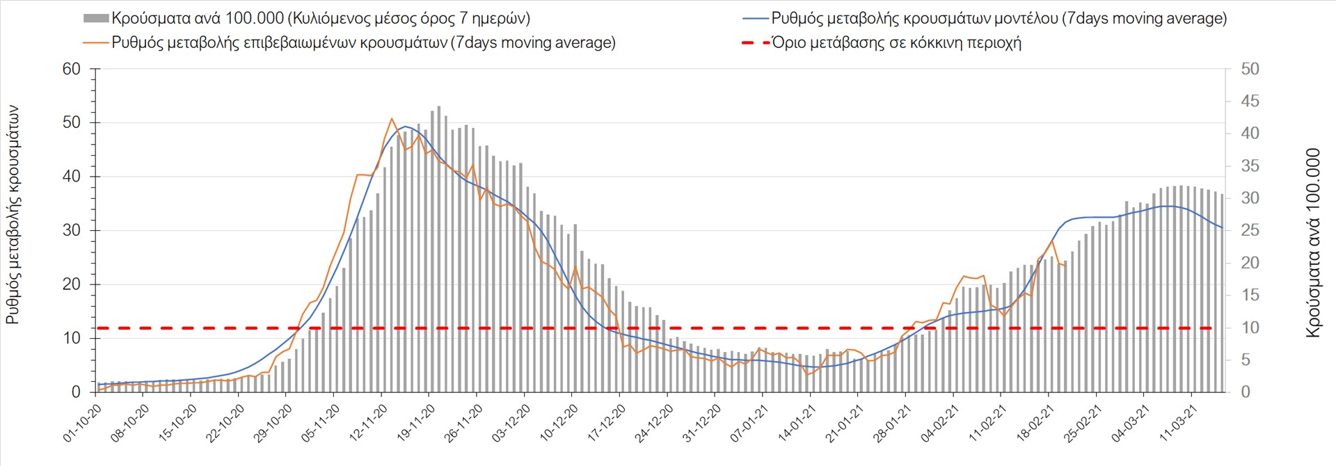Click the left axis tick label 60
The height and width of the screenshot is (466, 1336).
72,69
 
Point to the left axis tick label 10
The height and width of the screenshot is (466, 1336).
72,339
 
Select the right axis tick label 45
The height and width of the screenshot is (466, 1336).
1250,102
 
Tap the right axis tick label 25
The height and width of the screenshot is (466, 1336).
1250,231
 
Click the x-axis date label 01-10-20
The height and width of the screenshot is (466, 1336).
83,424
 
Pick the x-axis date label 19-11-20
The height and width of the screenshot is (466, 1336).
416,424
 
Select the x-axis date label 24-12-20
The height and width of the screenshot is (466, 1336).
655,424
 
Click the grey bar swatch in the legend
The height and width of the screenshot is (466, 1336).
96,19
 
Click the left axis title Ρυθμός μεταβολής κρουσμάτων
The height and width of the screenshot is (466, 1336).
13,214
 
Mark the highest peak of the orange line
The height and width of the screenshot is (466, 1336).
392,119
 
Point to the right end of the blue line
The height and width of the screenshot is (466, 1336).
1222,227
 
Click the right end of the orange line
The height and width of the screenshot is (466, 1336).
1065,266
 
